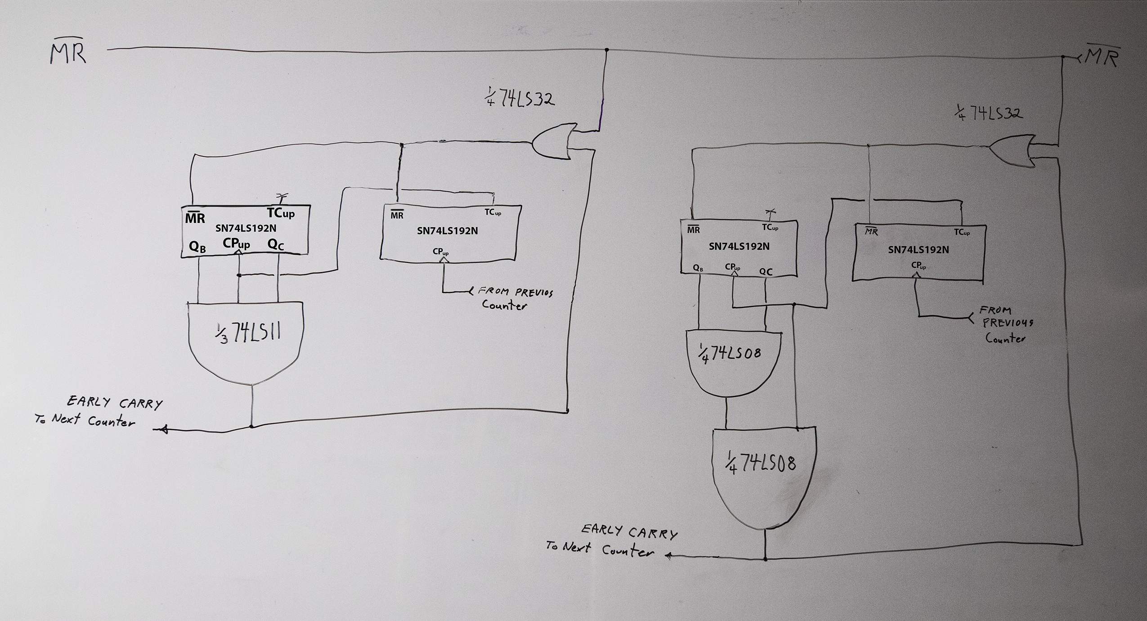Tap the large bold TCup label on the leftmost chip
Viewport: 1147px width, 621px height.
pyautogui.click(x=281, y=212)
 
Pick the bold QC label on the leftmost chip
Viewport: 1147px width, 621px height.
pyautogui.click(x=276, y=245)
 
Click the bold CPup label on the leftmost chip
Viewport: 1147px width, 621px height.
pyautogui.click(x=236, y=244)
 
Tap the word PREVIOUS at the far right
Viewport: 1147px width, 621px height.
pyautogui.click(x=1008, y=323)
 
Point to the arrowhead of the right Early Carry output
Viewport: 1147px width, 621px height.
pyautogui.click(x=668, y=556)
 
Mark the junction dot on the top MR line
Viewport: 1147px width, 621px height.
pyautogui.click(x=607, y=49)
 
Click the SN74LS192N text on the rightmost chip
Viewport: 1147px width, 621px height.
pyautogui.click(x=918, y=250)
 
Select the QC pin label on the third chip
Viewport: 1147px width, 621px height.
pyautogui.click(x=766, y=272)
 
